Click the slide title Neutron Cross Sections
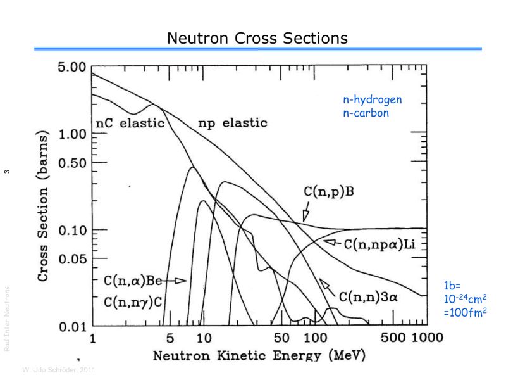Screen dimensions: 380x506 tap(257, 39)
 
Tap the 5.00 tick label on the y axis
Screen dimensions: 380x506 tap(71, 66)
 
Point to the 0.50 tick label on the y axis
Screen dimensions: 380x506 tap(71, 163)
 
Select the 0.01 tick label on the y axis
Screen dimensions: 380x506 tap(71, 327)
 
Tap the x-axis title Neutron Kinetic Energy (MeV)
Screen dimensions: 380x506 tap(259, 356)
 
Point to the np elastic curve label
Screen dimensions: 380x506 tap(232, 123)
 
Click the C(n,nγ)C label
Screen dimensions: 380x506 tap(133, 302)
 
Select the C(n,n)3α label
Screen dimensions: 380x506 tap(367, 296)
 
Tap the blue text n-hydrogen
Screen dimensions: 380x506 tap(372, 100)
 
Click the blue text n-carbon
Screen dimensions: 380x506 tap(365, 113)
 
